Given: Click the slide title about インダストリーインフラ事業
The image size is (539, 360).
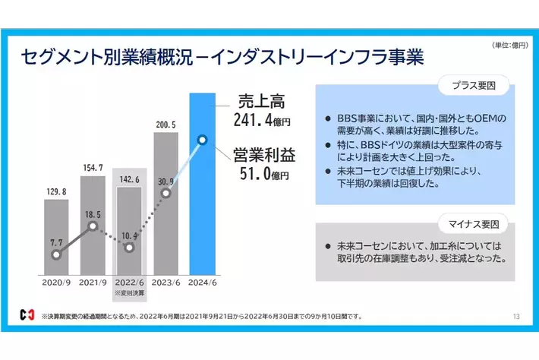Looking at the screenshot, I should [x=222, y=57].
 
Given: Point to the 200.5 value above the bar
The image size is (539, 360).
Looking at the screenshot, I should [x=165, y=124].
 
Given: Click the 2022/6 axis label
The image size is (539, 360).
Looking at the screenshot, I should [x=129, y=283].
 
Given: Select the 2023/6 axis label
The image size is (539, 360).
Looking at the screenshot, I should [x=165, y=283].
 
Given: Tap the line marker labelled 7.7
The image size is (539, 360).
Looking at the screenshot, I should [x=56, y=255].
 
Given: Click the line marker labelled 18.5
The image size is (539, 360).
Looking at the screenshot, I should [x=93, y=226].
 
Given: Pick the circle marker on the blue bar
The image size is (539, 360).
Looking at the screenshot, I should [x=202, y=140].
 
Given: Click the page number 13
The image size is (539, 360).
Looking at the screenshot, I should [x=516, y=316].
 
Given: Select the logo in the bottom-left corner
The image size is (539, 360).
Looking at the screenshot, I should [x=28, y=314].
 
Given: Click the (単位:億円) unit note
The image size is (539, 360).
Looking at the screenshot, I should [x=502, y=46].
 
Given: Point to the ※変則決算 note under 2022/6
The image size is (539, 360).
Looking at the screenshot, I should [x=128, y=293].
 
